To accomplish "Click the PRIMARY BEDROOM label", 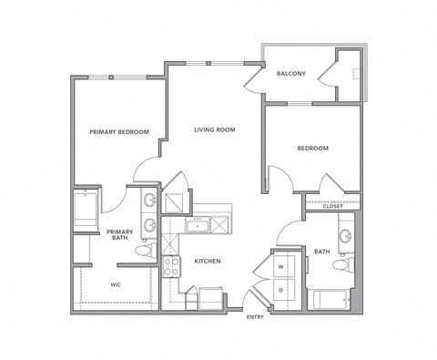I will pos(119,132).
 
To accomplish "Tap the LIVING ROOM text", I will pos(215,130).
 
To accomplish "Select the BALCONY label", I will pos(291,74).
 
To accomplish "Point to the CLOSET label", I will pos(332,206).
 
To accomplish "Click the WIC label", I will pos(116,284).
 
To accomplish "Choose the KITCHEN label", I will pos(208,262).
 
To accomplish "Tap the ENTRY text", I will pos(255,317).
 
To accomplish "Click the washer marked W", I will pos(280,267).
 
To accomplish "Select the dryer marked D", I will pos(280,290).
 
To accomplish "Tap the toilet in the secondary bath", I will pos(341,265).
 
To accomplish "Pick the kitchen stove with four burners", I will pos(170,266).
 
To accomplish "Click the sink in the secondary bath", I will pos(345,238).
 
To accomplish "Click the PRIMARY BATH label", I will pos(119,235).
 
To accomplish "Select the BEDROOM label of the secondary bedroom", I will pos(312,149).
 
